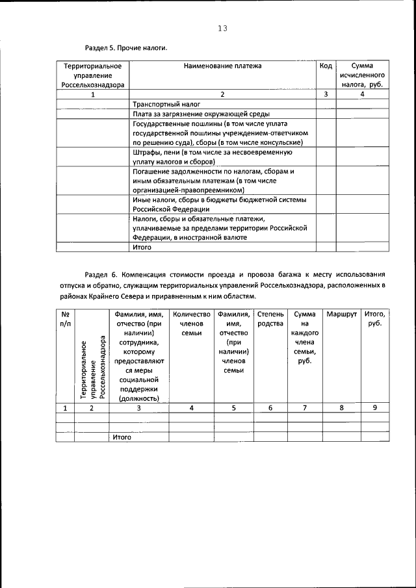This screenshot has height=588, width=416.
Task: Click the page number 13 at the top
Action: [x=222, y=28]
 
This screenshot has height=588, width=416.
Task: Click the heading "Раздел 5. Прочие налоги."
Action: [x=126, y=48]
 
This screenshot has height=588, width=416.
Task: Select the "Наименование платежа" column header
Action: [x=222, y=66]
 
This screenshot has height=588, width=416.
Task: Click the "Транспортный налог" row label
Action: [x=166, y=104]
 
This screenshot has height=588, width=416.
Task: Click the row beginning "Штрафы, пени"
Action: [x=212, y=157]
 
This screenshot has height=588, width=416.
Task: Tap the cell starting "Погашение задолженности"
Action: [x=214, y=181]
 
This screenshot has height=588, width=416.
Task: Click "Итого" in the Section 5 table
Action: [x=142, y=248]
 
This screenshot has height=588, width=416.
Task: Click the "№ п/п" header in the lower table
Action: [x=65, y=319]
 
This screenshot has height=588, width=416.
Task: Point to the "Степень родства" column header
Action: [x=270, y=319]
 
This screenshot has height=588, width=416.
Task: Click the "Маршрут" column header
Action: [x=341, y=314]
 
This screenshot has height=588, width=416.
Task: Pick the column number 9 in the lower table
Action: [x=374, y=408]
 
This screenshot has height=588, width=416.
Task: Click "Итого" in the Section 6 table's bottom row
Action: [x=122, y=437]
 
